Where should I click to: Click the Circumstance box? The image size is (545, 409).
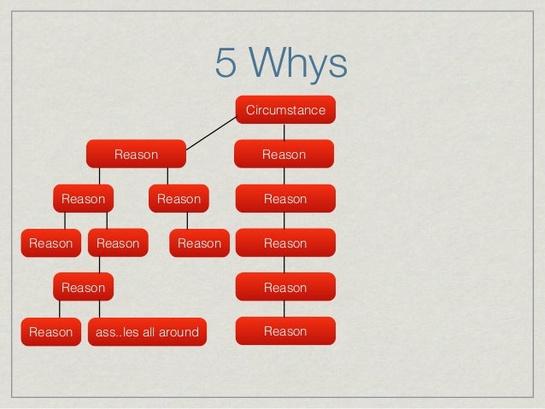tap(285, 111)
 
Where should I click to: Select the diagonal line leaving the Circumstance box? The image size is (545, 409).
tap(211, 132)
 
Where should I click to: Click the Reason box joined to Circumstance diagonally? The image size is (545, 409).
tap(136, 155)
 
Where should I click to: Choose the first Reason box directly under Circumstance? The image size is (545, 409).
tap(284, 155)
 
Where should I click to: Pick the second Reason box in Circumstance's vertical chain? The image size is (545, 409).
tap(284, 199)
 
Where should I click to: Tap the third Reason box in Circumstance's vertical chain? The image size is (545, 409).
tap(284, 243)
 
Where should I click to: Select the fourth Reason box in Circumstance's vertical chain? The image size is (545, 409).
tap(284, 288)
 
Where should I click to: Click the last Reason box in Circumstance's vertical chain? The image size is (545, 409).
tap(284, 331)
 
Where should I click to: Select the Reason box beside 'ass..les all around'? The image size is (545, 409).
tap(50, 331)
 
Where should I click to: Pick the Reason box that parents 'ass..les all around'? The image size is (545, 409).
tap(83, 288)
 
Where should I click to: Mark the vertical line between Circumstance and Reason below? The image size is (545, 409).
tap(285, 132)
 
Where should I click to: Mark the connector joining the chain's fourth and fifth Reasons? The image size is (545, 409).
tap(285, 309)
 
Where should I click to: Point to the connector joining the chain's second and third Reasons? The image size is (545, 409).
tap(285, 221)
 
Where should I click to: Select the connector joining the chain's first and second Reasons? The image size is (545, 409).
tap(285, 177)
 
